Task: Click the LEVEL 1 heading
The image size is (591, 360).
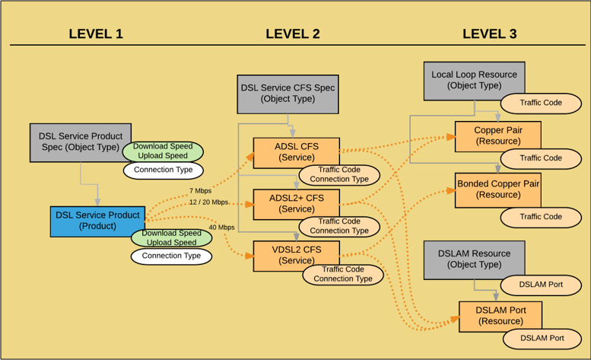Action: (96, 33)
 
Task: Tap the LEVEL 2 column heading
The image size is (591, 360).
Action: (292, 33)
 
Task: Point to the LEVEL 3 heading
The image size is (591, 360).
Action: (489, 33)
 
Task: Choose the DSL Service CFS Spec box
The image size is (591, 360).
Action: (288, 93)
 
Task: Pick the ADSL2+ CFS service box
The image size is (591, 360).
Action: (295, 203)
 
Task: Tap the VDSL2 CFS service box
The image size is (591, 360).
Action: (295, 254)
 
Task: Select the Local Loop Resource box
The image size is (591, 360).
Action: (473, 79)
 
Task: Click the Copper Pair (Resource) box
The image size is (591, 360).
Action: (497, 135)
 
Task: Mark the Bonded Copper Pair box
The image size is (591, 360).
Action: (497, 190)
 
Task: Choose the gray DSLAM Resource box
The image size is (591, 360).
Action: (473, 259)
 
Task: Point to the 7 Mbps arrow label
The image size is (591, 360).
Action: (200, 190)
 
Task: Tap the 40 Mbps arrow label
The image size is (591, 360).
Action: (221, 227)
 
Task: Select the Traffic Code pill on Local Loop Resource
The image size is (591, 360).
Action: (541, 103)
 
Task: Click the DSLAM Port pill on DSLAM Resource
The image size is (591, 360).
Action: (541, 285)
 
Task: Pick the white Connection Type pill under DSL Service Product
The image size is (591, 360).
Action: (171, 256)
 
